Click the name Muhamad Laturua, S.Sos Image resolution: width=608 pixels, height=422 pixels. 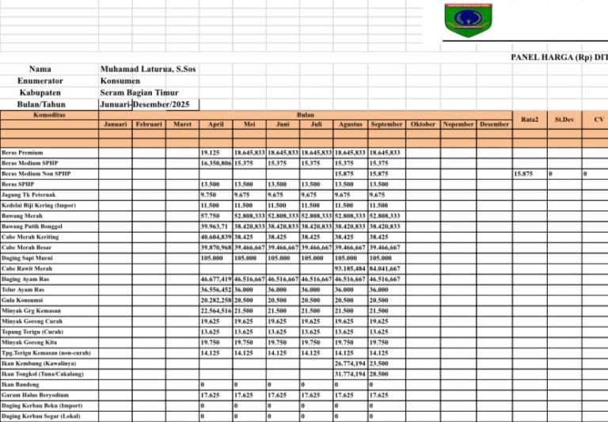pos(148,70)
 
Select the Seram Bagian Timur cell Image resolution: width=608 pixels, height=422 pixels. pos(139,93)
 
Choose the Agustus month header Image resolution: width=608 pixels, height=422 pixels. pos(350,124)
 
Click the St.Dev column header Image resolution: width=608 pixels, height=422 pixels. pos(564,119)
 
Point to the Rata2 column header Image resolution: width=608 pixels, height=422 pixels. pos(530,119)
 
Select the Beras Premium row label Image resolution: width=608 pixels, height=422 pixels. pos(22,152)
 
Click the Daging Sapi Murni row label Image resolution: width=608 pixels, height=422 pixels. pos(28,258)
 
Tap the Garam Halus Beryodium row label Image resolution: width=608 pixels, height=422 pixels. pos(36,394)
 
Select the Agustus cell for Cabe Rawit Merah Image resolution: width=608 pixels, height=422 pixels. pos(350,268)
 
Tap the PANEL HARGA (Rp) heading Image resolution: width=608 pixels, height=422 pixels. pos(559,58)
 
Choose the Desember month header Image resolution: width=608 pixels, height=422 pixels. pos(494,124)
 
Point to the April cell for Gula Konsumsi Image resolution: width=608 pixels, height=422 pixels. pos(215,300)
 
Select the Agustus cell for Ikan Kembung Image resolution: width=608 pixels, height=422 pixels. pos(350,363)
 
